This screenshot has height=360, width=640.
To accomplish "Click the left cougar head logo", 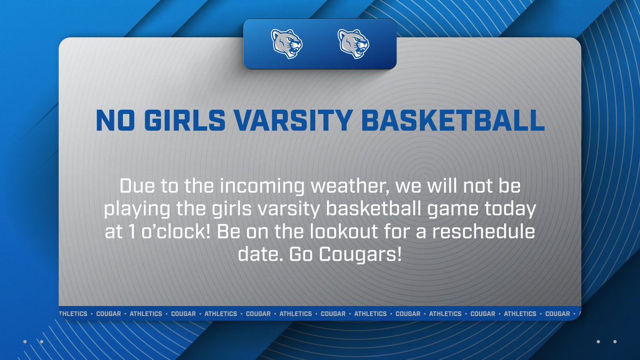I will (x=287, y=44).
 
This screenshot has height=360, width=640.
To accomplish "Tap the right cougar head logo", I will (x=354, y=44).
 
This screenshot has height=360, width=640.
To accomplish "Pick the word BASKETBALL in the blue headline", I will (x=453, y=122).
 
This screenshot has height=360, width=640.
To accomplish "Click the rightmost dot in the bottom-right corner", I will (x=615, y=341).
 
